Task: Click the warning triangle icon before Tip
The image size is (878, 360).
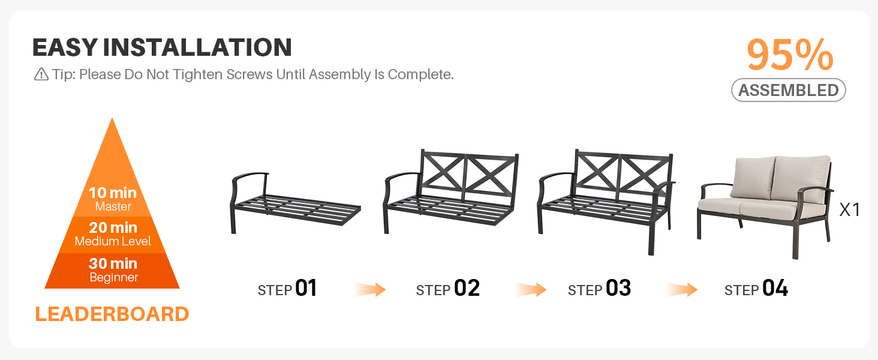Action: [41, 74]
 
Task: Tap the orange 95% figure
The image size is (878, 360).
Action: [790, 55]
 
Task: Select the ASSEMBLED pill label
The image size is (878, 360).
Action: [788, 90]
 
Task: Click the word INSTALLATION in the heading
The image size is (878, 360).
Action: [197, 47]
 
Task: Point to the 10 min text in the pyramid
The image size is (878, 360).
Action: [113, 193]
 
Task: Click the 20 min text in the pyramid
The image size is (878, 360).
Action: [113, 227]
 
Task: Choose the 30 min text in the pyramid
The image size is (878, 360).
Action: [113, 263]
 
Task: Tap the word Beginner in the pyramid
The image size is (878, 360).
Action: [114, 277]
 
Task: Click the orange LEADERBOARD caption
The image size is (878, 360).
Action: [112, 314]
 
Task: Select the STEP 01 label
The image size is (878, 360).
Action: [287, 289]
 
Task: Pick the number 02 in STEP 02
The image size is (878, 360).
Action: [467, 288]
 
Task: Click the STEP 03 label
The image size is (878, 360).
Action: [599, 289]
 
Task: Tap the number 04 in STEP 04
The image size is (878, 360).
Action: [775, 288]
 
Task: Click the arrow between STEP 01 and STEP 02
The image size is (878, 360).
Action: [370, 290]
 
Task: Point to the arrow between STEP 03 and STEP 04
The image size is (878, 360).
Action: [682, 290]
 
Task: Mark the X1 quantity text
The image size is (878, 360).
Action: [849, 210]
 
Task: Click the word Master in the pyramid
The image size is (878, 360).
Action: [113, 206]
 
